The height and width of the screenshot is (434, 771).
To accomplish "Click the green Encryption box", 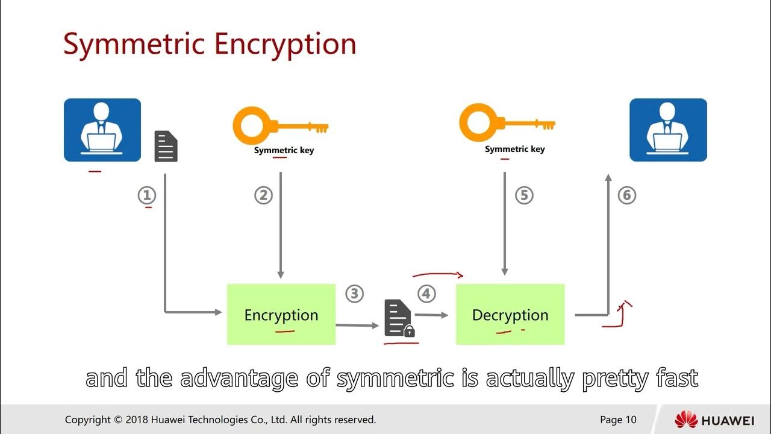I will click(281, 314).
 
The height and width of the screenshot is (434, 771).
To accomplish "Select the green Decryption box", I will click(510, 314).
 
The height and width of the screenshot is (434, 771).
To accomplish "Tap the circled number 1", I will click(147, 195).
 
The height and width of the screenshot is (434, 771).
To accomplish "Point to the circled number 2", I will click(263, 195).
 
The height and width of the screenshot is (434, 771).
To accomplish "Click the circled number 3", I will click(354, 294).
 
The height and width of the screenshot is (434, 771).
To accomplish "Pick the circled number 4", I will click(426, 294).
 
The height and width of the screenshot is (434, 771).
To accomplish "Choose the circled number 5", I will click(524, 195).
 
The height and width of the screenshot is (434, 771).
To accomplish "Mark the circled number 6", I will click(627, 195).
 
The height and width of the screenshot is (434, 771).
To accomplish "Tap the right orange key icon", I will click(507, 124).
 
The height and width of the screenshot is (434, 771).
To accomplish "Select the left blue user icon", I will click(102, 130).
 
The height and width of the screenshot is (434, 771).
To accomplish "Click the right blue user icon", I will click(668, 130).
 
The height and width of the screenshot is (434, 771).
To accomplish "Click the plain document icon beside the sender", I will click(166, 146).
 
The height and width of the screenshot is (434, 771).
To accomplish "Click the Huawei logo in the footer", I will click(714, 420).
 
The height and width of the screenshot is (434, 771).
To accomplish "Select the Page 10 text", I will click(618, 420).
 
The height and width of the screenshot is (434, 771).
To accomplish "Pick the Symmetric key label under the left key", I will click(284, 150).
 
